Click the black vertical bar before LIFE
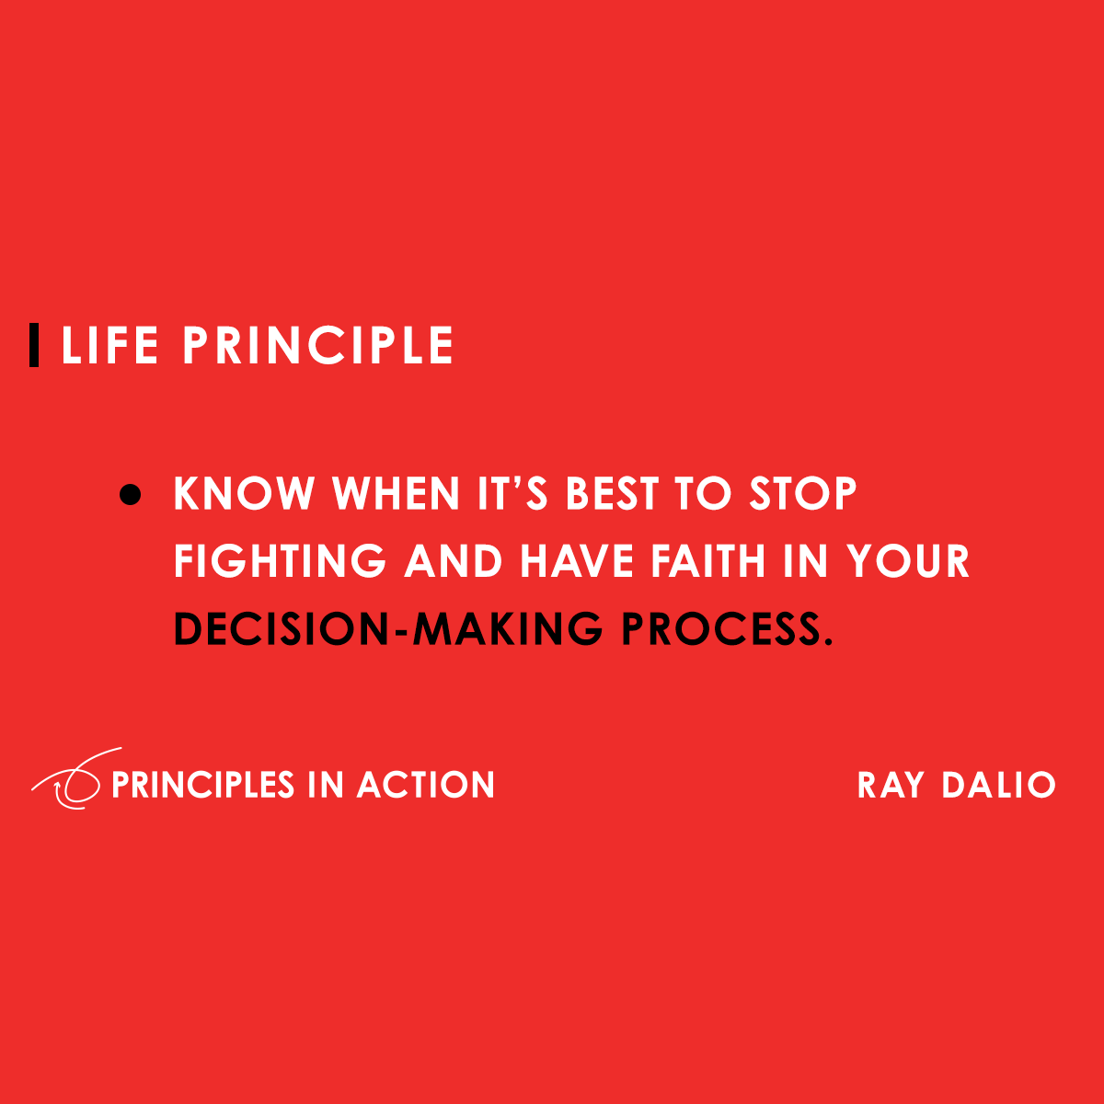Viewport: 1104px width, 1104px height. [x=34, y=345]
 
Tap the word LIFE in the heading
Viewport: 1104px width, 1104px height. [x=109, y=346]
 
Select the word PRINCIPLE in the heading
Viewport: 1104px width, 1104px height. [x=317, y=346]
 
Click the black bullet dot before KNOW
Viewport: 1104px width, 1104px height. [x=131, y=495]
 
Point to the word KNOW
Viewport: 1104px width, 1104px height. [x=244, y=494]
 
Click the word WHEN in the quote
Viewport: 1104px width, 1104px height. [x=396, y=494]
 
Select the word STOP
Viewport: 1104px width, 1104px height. [x=802, y=494]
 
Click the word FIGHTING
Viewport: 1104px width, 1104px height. [x=280, y=561]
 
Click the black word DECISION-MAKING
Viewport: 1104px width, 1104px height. [x=387, y=629]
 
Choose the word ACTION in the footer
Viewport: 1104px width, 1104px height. [x=426, y=785]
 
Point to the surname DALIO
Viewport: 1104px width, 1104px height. [x=998, y=785]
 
